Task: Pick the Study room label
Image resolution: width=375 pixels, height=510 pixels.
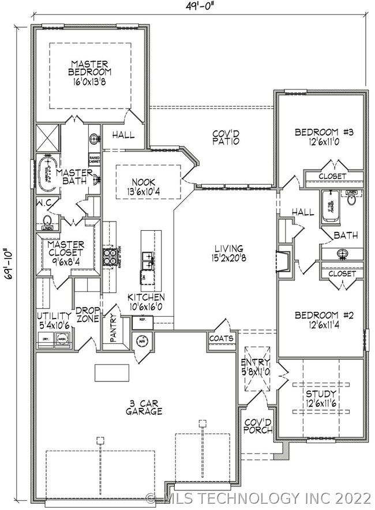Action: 322,394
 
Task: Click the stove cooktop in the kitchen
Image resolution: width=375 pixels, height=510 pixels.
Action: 108,255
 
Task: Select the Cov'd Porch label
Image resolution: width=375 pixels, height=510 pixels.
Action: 254,427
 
